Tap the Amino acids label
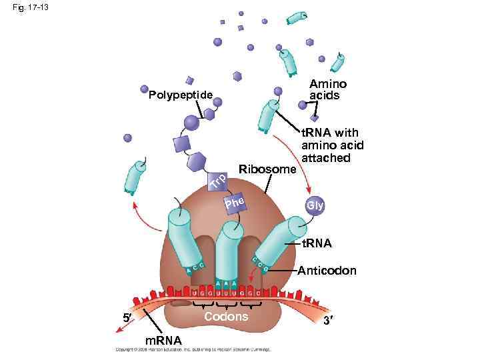[x=328, y=89]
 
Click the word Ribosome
[x=267, y=169]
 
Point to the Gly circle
[x=315, y=206]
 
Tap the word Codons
[x=226, y=316]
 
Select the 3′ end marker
[x=328, y=320]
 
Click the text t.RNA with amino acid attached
[x=332, y=145]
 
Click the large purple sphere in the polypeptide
[x=191, y=123]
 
